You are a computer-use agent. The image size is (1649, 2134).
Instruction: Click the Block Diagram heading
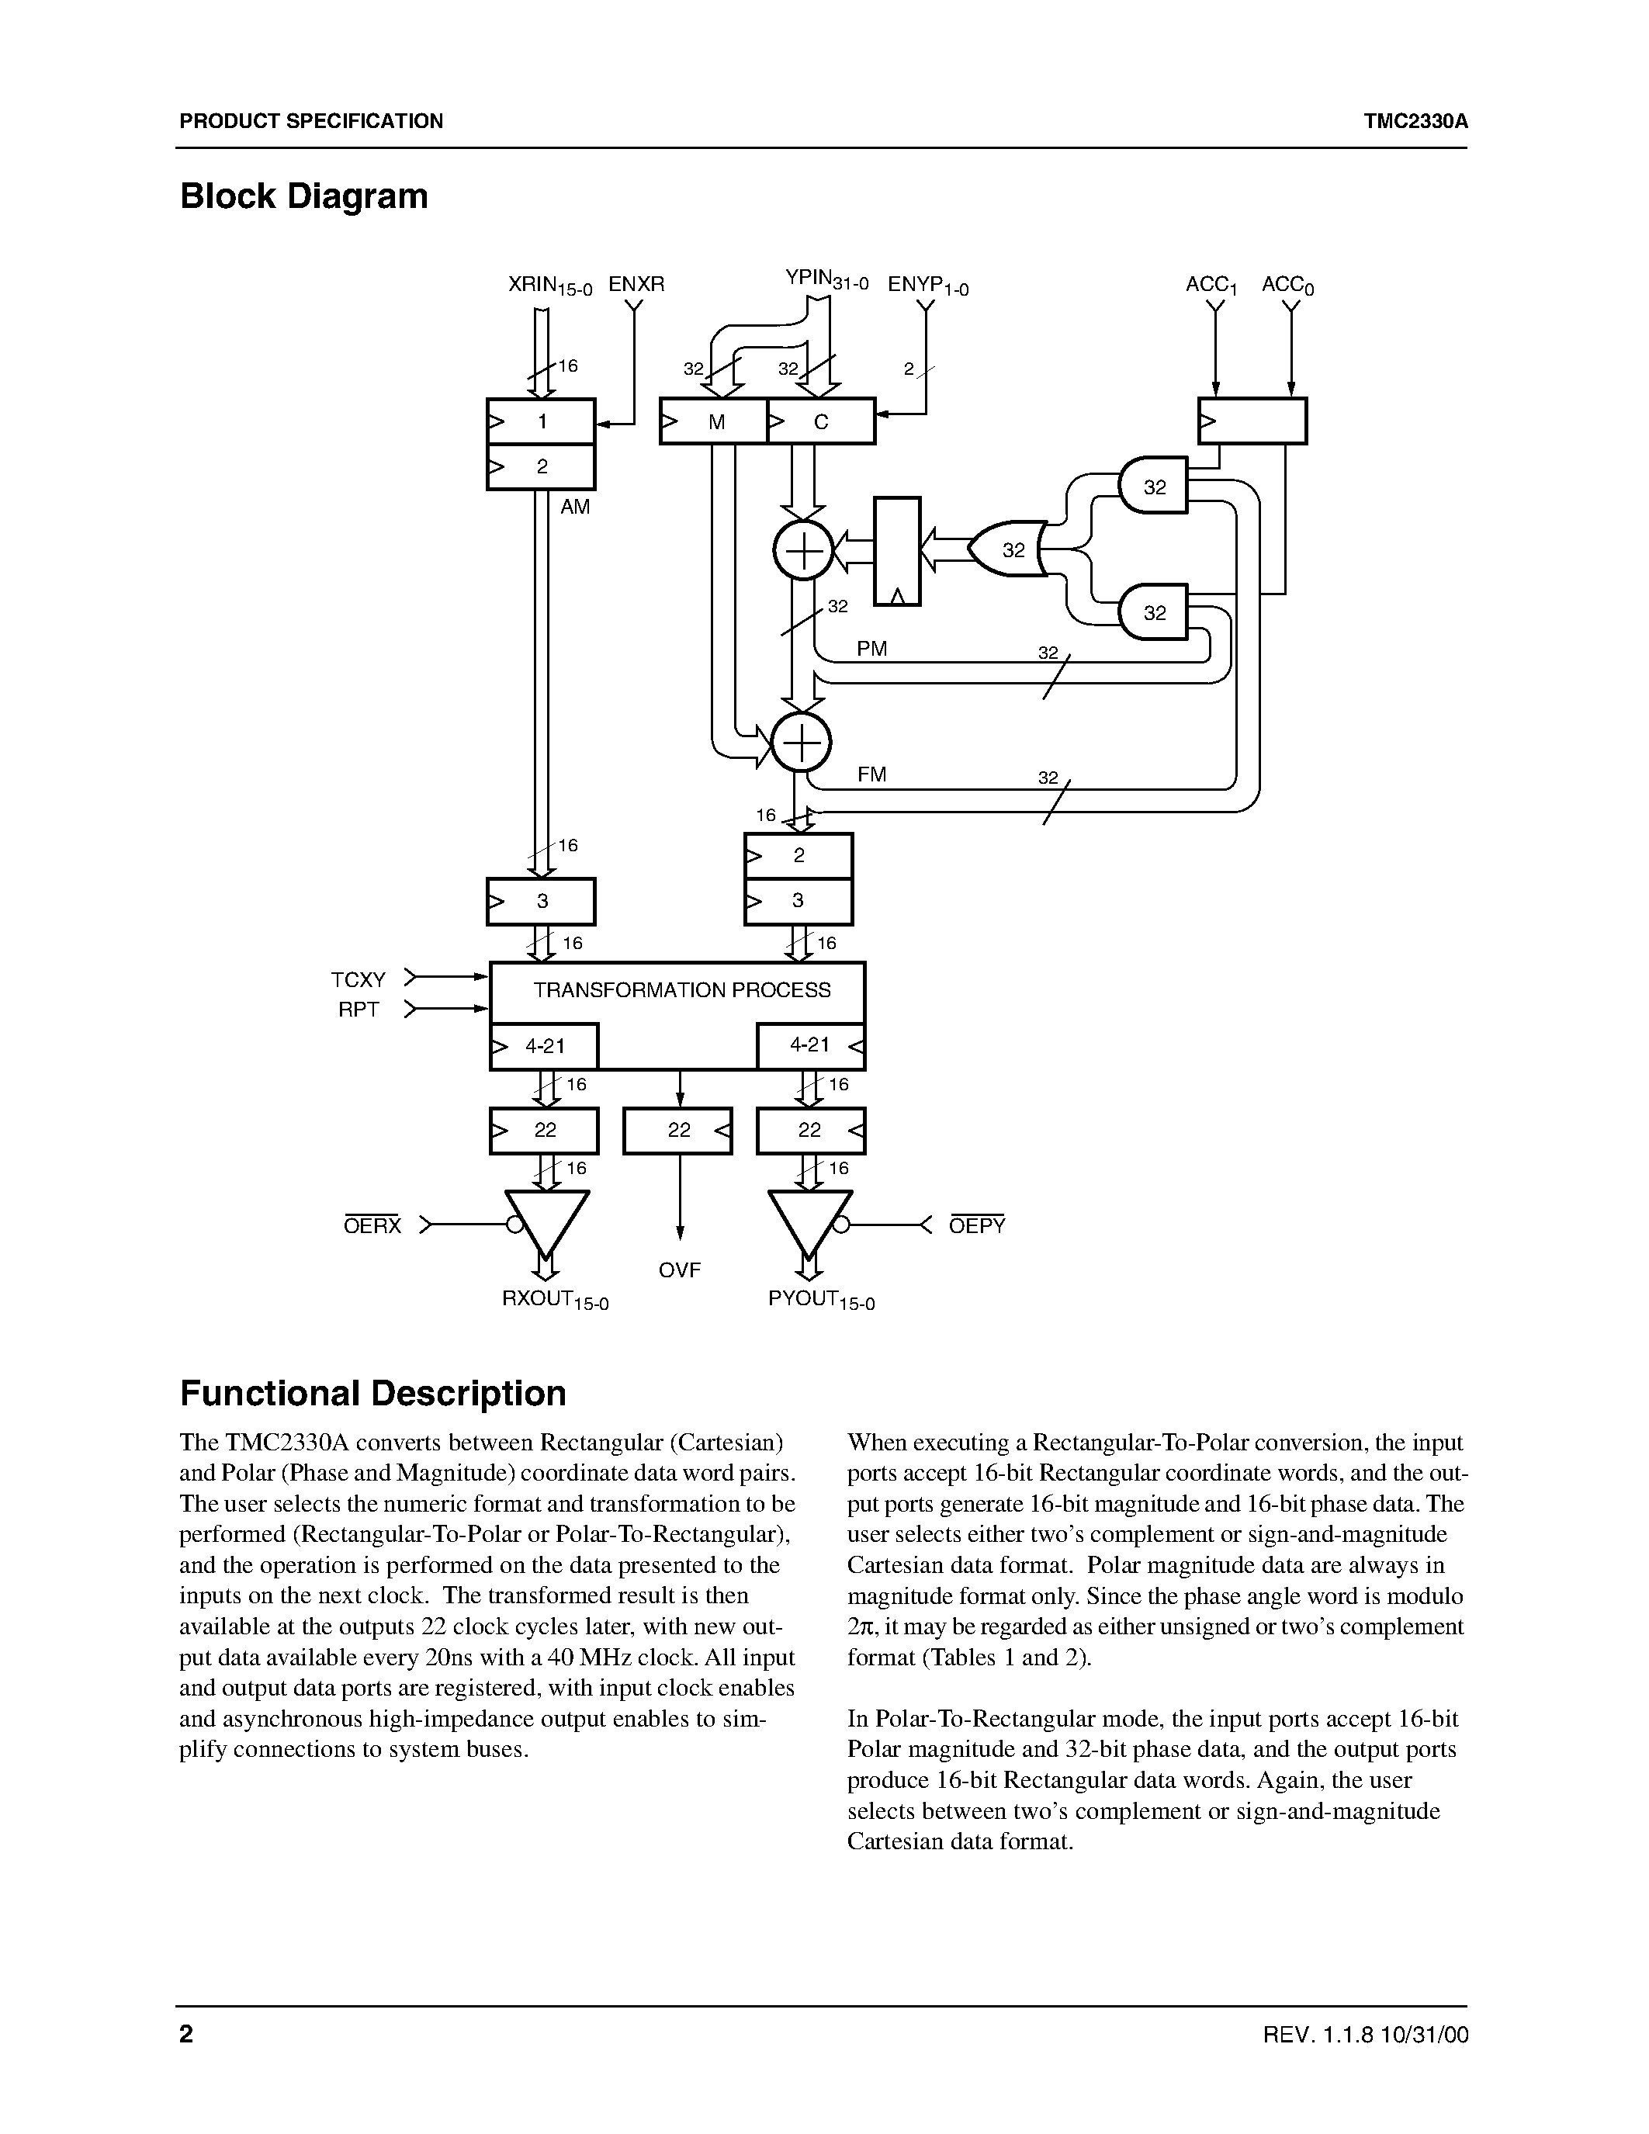[x=304, y=196]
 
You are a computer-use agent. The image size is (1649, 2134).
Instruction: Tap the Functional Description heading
[x=372, y=1392]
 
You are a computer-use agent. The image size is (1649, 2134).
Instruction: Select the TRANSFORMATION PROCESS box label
[x=681, y=990]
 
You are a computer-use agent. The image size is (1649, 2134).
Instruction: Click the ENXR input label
[x=636, y=284]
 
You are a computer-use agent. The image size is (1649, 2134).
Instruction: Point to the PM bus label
[x=871, y=649]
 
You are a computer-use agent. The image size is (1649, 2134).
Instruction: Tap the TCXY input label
[x=359, y=979]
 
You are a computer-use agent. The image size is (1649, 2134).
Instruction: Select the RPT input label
[x=359, y=1010]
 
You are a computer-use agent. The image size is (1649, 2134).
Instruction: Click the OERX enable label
[x=372, y=1225]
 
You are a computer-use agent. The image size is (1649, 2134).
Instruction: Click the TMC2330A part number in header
[x=1415, y=121]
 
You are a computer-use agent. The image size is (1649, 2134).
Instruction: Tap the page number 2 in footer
[x=186, y=2035]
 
